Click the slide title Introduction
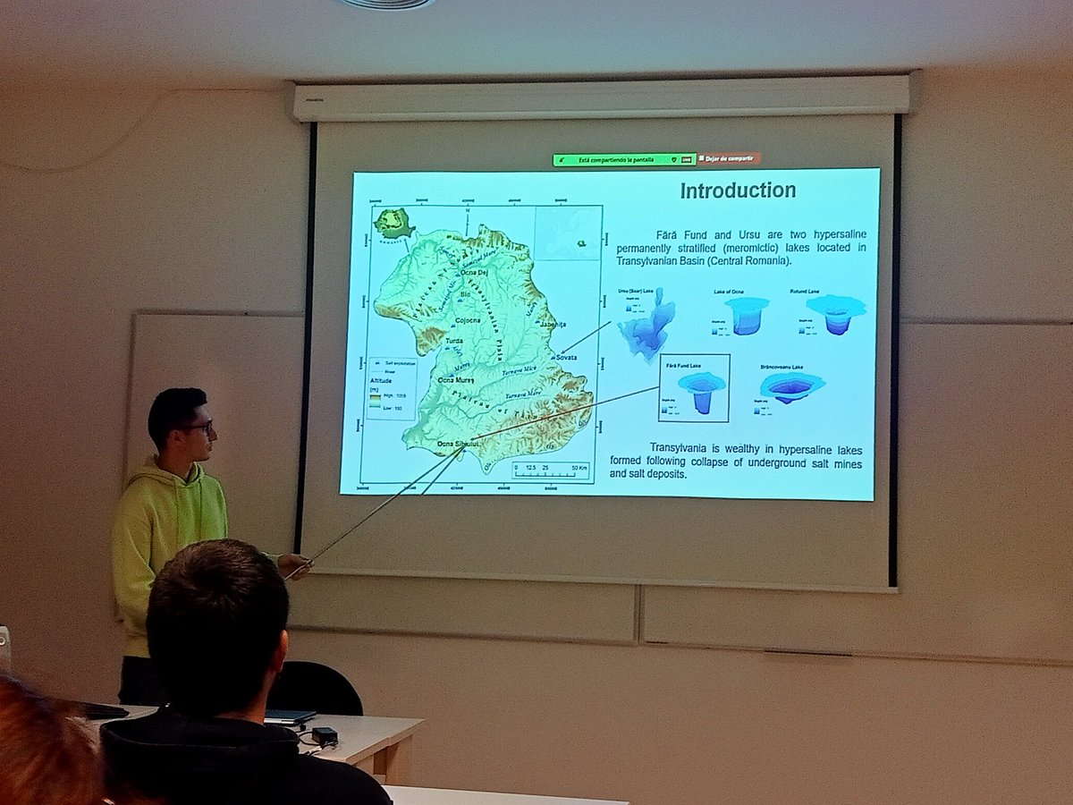738,191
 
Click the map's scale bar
550,469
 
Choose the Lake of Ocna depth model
747,316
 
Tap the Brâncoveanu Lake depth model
791,387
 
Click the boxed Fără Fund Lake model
695,388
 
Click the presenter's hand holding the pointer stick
293,564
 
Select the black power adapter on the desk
324,735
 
